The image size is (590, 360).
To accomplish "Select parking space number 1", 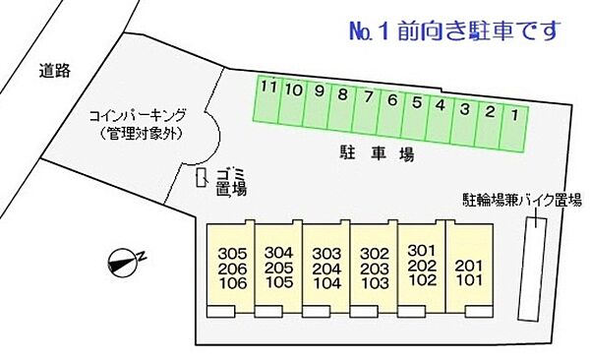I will point(512,126).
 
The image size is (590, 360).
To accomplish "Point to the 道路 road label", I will point(55,70).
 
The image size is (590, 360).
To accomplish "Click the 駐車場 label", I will point(370,154).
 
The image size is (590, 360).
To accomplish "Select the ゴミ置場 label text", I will point(231,182).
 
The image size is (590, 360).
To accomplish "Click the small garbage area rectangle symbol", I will point(202,178).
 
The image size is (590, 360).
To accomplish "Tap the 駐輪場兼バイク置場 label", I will point(522,201).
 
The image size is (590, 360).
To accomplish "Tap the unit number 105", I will point(280,282).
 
